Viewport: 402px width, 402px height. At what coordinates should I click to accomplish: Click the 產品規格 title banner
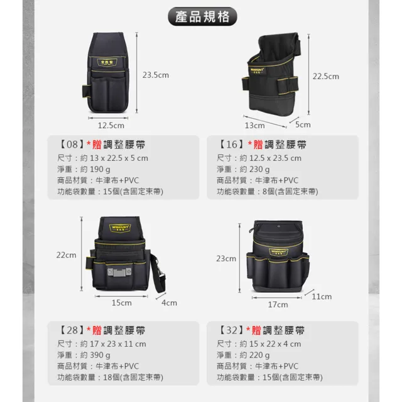[200, 16]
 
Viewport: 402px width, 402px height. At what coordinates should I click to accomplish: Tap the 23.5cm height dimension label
[156, 75]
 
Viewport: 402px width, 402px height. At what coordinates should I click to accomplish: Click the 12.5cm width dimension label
[111, 126]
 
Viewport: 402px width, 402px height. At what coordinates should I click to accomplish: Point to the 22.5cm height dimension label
[325, 76]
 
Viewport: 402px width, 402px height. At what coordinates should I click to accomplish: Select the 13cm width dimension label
[254, 117]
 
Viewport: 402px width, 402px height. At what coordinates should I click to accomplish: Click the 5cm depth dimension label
[303, 124]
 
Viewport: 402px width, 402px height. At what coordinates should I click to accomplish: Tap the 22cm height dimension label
[66, 255]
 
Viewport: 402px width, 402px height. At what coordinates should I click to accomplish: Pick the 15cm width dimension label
[121, 302]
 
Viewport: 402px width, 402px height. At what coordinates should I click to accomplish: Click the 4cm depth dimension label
[169, 302]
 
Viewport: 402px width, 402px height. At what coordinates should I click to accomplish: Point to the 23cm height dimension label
[226, 258]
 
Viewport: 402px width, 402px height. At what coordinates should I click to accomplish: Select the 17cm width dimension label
[278, 305]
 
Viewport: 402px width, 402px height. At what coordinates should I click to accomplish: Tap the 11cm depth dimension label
[322, 296]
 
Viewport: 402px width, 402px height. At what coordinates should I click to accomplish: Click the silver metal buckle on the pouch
[117, 273]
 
